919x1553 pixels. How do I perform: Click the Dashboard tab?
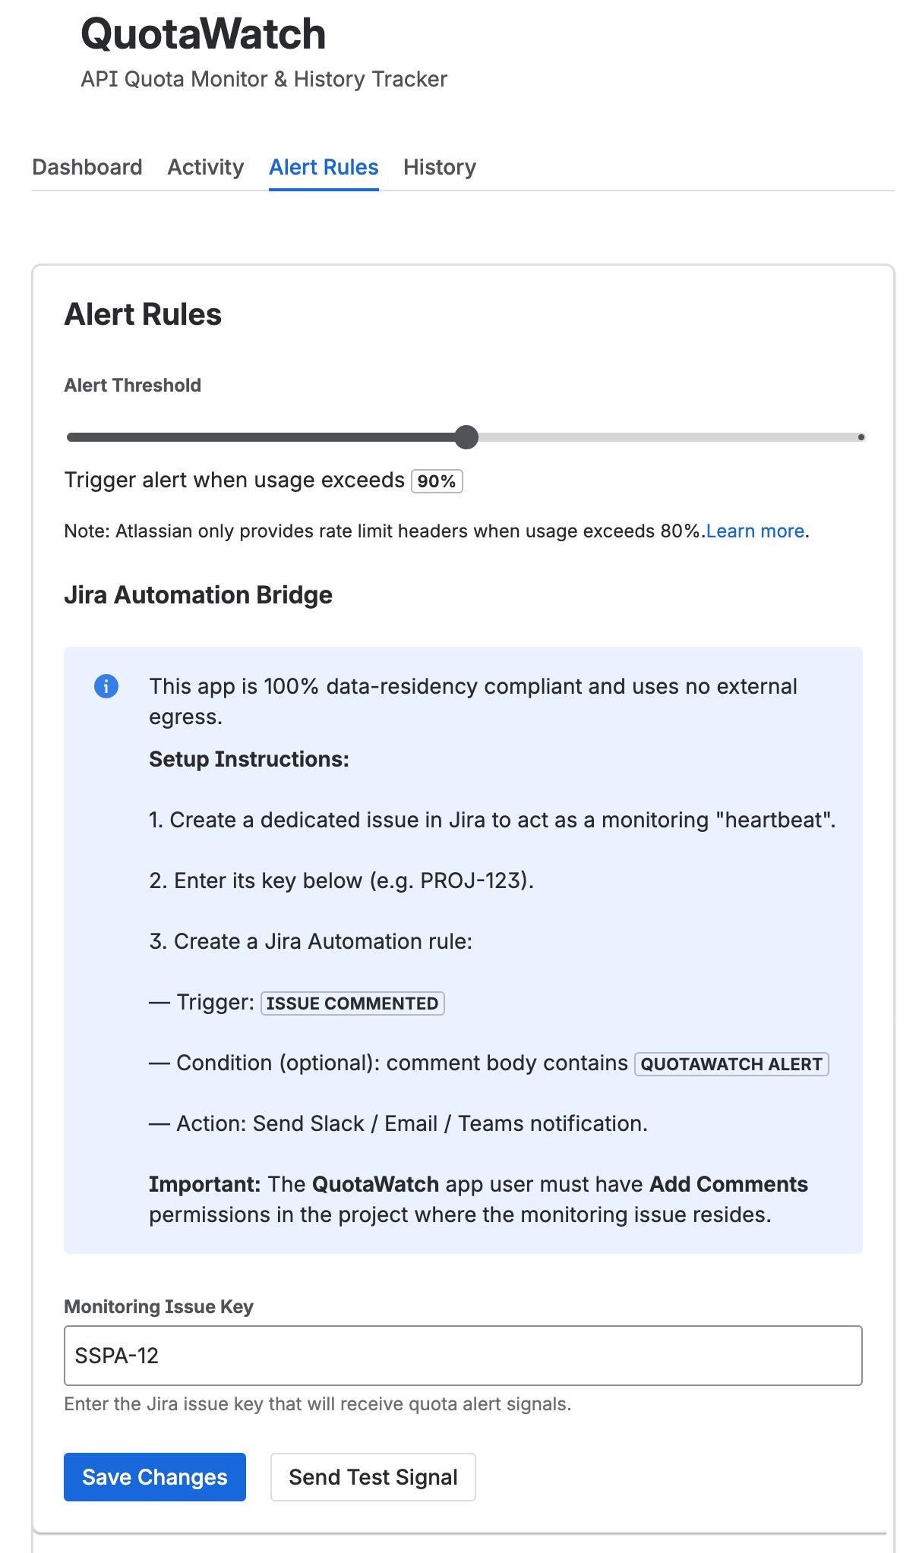tap(87, 167)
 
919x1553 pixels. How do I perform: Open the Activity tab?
tap(205, 167)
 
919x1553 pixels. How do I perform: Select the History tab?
tap(439, 167)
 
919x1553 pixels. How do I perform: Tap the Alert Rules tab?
tap(324, 167)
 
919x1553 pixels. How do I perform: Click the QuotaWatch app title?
tap(203, 34)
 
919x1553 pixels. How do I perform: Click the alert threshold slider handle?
tap(466, 437)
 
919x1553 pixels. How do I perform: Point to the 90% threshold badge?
tap(437, 481)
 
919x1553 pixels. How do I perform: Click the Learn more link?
tap(755, 531)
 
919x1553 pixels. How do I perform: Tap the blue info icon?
tap(106, 686)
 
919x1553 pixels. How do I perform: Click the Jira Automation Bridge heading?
tap(198, 595)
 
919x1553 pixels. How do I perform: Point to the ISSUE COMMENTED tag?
tap(352, 1003)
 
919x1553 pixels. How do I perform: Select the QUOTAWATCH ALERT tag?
tap(731, 1064)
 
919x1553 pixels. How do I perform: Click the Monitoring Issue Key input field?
tap(463, 1356)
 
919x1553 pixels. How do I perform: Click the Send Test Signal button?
tap(373, 1477)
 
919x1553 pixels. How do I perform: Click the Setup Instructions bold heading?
tap(249, 759)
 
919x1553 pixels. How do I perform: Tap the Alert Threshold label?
tap(133, 386)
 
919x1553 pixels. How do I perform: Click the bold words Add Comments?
tap(728, 1184)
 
